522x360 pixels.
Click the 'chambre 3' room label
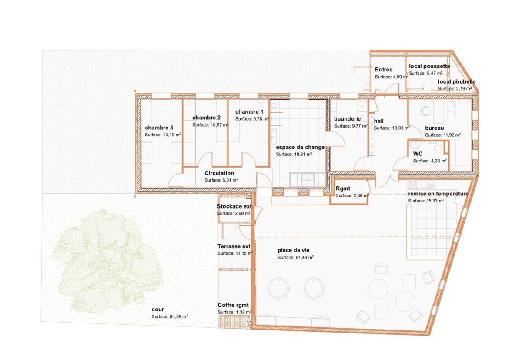(159, 128)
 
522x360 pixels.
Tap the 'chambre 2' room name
(206, 118)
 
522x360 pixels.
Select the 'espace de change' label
(300, 147)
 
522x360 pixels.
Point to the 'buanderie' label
(347, 118)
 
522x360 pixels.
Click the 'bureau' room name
(434, 128)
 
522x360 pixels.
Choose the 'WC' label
(418, 154)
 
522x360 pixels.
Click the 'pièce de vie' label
(293, 250)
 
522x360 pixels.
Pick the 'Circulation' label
(219, 173)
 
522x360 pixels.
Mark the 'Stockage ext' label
(234, 206)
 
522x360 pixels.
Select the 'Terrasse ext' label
(234, 246)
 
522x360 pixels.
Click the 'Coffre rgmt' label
(233, 305)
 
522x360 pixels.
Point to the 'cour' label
(157, 309)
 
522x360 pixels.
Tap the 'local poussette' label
(429, 66)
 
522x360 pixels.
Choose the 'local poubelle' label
(456, 81)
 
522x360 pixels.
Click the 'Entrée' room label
(384, 70)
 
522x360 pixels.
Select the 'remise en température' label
(438, 194)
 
